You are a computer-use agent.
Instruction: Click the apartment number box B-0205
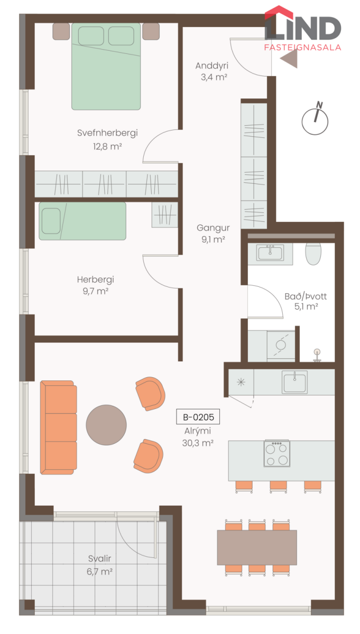point(198,417)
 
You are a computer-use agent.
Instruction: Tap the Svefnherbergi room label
point(107,133)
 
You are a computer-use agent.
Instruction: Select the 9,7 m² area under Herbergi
point(96,291)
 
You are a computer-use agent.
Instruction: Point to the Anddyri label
point(211,66)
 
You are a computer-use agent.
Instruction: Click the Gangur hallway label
point(213,228)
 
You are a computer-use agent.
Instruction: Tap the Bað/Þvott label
point(306,296)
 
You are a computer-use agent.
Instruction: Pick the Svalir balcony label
point(99,558)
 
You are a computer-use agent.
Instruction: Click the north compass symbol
point(315,119)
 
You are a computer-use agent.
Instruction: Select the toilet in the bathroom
point(313,254)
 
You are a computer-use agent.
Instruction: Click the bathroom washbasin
point(270,252)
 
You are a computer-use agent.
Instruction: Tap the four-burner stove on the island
point(276,453)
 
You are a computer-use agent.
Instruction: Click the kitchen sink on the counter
point(294,382)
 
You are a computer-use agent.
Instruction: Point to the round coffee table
point(106,425)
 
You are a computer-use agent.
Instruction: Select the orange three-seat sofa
point(58,427)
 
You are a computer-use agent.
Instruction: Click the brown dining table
point(257,547)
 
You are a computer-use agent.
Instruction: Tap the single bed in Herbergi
point(82,221)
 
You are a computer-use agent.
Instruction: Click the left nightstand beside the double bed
point(61,31)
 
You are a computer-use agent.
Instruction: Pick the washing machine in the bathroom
point(281,346)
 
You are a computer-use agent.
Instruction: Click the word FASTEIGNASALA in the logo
point(302,47)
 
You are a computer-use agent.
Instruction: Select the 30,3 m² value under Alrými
point(198,443)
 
